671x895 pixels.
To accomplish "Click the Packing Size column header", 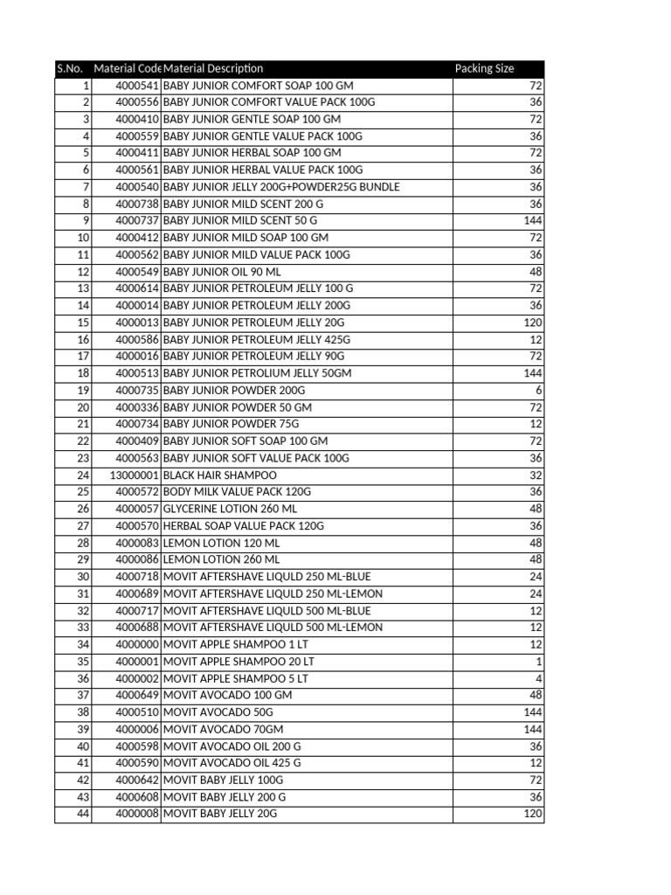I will (484, 68).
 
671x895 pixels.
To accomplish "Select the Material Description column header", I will (213, 68).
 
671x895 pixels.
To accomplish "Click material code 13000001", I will (134, 475).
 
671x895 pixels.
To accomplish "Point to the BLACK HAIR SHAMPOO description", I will (219, 475).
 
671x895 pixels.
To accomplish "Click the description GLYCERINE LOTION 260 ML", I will (230, 509).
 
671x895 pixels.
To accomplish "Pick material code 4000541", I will (137, 86).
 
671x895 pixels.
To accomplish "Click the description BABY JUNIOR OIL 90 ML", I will (222, 272).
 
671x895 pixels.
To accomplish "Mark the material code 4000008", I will (137, 814).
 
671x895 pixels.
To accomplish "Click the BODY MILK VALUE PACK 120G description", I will (237, 492).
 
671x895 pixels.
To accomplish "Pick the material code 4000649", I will (137, 695).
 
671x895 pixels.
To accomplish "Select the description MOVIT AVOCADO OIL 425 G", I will (232, 763).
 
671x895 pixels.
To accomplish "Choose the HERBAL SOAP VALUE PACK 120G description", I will (243, 526).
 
